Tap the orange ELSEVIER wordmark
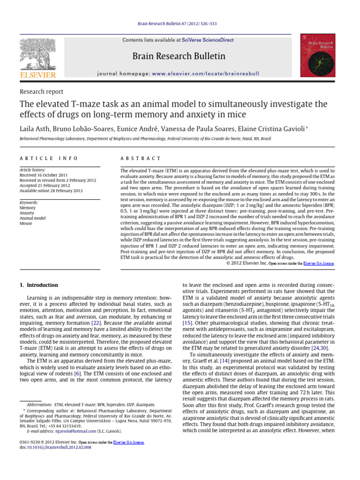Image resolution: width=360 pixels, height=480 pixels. (37, 75)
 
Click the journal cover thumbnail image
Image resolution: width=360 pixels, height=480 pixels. (317, 56)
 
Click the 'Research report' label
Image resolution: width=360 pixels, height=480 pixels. (41, 92)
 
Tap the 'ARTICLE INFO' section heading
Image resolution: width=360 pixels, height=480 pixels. (49, 159)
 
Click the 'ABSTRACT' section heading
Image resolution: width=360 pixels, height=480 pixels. (141, 159)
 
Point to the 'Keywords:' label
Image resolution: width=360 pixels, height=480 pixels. (29, 202)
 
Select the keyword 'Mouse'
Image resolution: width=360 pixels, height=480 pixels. (26, 223)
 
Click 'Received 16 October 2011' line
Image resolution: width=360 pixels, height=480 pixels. (44, 175)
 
